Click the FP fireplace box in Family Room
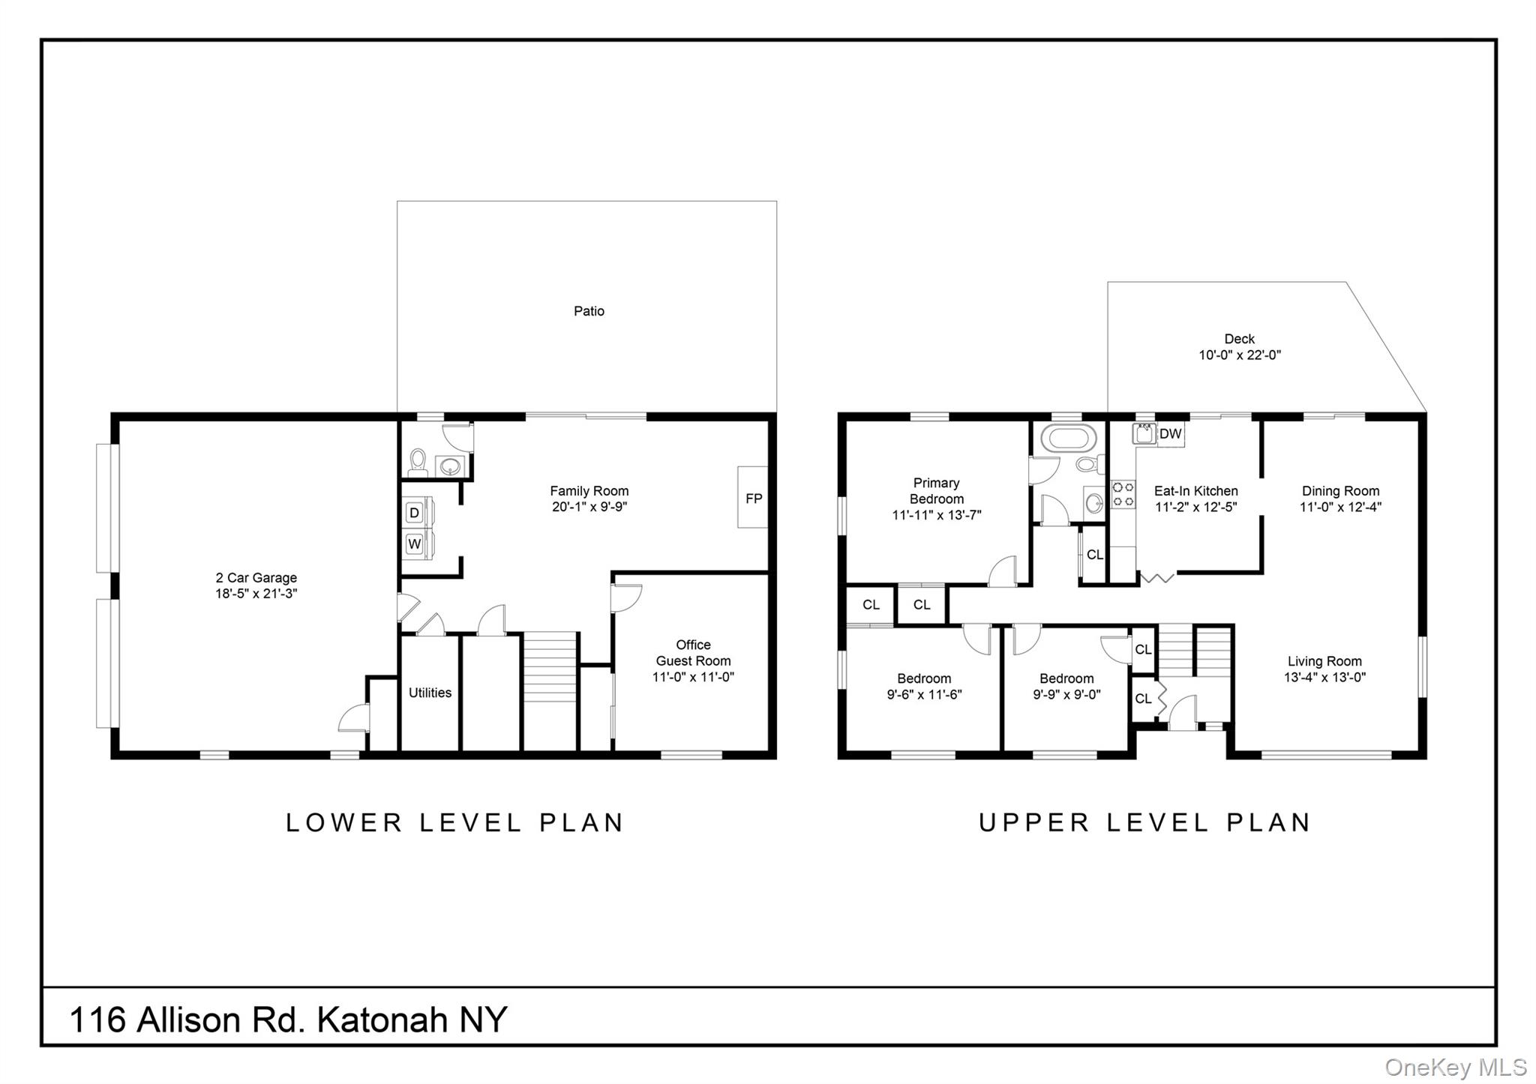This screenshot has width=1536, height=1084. [x=752, y=498]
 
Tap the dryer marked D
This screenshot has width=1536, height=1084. [x=414, y=513]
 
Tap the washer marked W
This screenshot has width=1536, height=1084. [x=414, y=543]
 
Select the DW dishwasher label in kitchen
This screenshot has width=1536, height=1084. [x=1170, y=434]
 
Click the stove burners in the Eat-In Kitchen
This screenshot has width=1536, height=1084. [x=1123, y=495]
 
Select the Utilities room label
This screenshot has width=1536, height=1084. [x=430, y=693]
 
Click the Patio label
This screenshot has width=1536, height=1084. [x=589, y=311]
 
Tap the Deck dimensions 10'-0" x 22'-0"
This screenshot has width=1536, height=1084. [x=1239, y=355]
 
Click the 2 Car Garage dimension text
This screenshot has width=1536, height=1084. [x=256, y=594]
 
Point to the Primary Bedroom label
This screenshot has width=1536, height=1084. [x=936, y=491]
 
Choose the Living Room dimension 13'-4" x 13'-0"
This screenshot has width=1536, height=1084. [x=1324, y=678]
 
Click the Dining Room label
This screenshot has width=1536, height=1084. [x=1340, y=491]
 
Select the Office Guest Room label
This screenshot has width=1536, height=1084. [x=693, y=653]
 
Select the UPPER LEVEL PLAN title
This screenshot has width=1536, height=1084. [x=1144, y=823]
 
